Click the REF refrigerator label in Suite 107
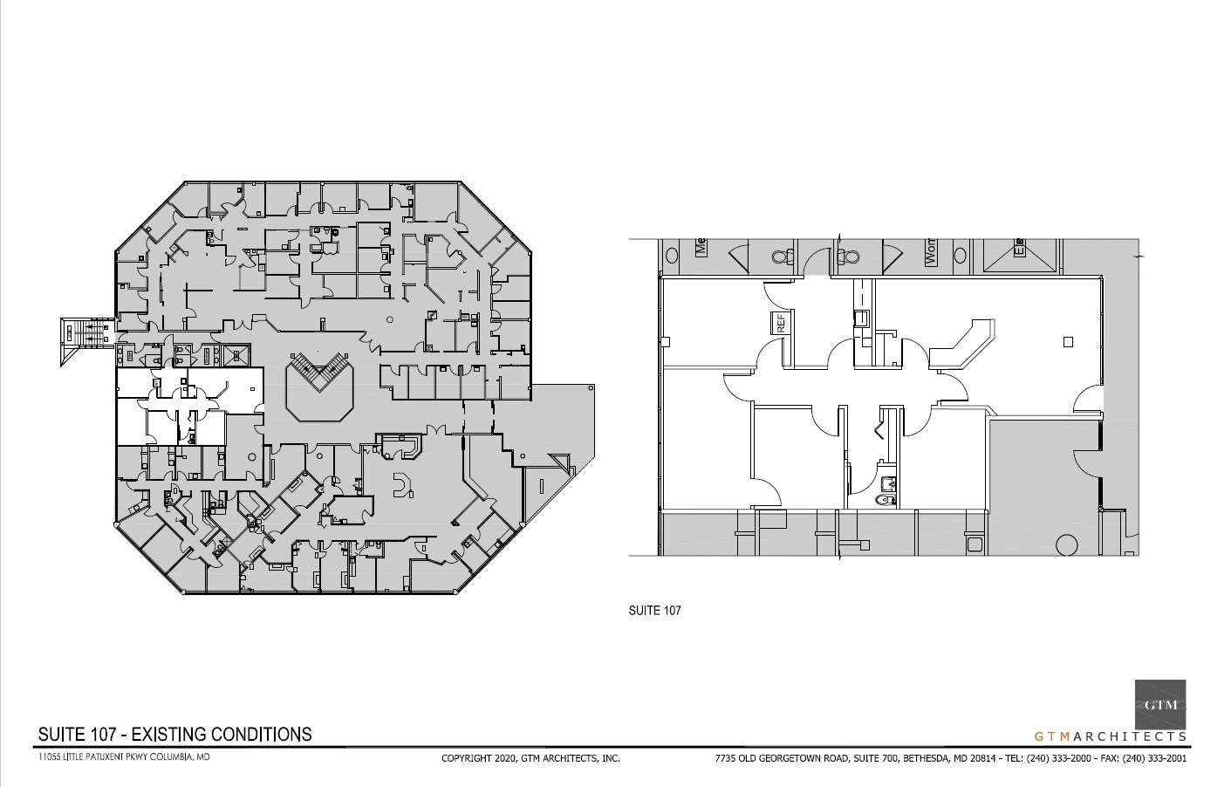781,323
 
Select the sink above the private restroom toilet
888,482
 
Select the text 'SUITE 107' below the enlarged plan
654,610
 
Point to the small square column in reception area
1067,342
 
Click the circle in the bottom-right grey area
1065,544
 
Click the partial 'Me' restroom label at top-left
700,247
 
